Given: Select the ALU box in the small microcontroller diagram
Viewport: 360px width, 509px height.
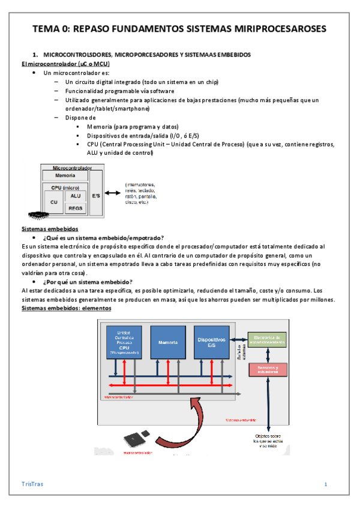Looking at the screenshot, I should [x=76, y=196].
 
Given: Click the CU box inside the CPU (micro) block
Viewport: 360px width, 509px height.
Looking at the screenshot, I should [x=53, y=202].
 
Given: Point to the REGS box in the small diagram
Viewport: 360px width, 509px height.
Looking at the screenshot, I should [x=76, y=208].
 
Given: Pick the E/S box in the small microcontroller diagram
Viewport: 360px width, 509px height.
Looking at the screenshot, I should [x=95, y=194].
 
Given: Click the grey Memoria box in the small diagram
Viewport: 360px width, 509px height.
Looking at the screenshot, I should [x=65, y=175].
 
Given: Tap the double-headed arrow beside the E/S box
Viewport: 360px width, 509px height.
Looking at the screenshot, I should [x=113, y=193].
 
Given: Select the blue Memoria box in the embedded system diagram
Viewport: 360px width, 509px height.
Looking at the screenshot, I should [x=167, y=343].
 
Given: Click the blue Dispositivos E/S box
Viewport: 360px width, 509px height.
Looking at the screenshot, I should [x=211, y=343].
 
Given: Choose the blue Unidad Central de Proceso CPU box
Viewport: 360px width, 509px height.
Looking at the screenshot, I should [x=124, y=343].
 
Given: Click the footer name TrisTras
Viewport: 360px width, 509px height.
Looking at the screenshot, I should [x=32, y=484].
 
